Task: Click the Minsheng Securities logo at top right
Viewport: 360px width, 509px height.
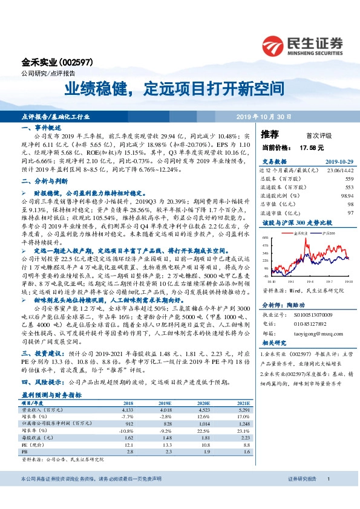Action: tap(303, 45)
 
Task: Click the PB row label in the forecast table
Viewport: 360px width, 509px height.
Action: tap(25, 451)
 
